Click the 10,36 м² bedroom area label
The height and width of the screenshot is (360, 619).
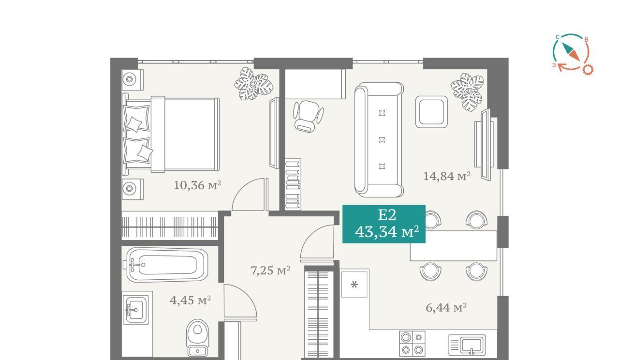click(197, 185)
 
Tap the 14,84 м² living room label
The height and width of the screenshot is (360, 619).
click(447, 176)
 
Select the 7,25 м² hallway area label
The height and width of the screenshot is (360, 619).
click(270, 270)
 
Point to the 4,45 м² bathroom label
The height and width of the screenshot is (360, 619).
click(191, 300)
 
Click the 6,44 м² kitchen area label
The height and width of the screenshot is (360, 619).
click(446, 307)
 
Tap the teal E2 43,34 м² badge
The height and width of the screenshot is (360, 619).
click(384, 224)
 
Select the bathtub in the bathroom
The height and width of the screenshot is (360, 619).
click(167, 265)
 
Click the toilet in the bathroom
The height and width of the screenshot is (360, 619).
click(197, 338)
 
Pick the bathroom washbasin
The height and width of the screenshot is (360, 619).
click(135, 310)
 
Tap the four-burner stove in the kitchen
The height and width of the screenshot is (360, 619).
click(412, 344)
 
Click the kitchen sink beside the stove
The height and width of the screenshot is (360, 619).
click(467, 345)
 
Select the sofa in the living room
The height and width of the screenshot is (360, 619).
click(379, 140)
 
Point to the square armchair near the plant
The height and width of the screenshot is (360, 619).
click(431, 112)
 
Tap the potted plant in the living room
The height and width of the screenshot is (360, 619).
click(467, 92)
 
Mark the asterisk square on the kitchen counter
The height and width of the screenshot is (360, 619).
click(354, 285)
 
